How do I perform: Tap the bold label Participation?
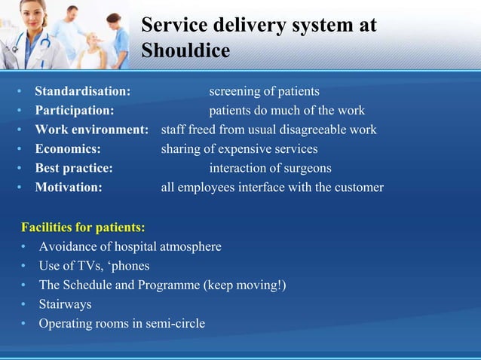click(75, 111)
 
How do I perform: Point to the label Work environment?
click(92, 130)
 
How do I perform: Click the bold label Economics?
click(68, 149)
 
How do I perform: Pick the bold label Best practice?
click(74, 168)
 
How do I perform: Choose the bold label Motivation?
click(69, 188)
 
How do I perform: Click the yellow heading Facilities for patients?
click(83, 227)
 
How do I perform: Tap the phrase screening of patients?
click(264, 92)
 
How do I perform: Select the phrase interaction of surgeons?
click(270, 168)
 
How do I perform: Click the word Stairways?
click(65, 304)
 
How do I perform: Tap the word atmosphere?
click(189, 246)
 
